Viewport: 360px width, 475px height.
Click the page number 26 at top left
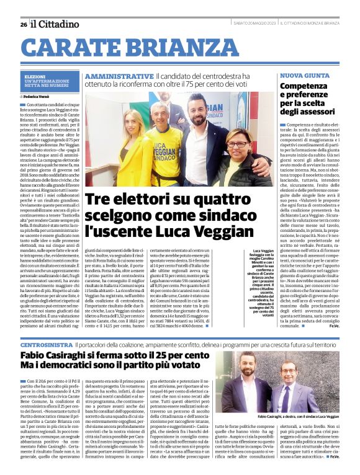coord(24,24)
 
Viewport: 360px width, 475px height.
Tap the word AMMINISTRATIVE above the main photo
coord(119,76)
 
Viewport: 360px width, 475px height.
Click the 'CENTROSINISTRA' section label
coord(44,344)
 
